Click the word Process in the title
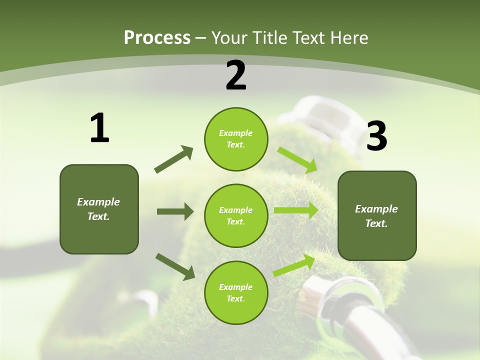click(157, 38)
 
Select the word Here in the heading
click(349, 38)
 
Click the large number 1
click(99, 128)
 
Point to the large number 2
click(236, 75)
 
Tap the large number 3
click(377, 136)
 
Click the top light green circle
click(236, 139)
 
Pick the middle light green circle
click(236, 215)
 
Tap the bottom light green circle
click(236, 292)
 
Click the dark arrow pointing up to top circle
click(174, 159)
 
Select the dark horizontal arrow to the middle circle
click(175, 211)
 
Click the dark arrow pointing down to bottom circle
click(175, 266)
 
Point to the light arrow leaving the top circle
click(297, 159)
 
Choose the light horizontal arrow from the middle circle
click(296, 210)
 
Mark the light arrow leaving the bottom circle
click(294, 265)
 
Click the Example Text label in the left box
click(98, 209)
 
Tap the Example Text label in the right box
click(376, 216)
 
